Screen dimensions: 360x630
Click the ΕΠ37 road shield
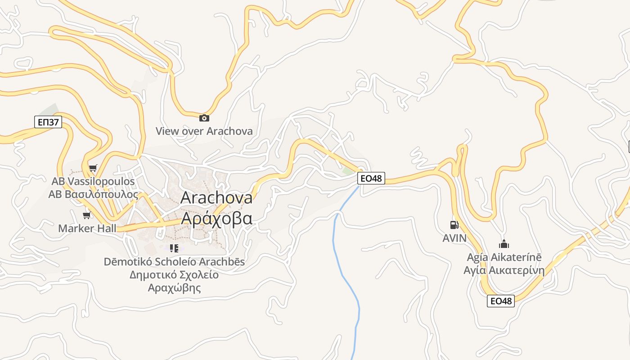pyautogui.click(x=48, y=121)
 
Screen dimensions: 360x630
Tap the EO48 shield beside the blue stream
pyautogui.click(x=371, y=178)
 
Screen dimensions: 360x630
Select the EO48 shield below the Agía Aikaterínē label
pyautogui.click(x=500, y=301)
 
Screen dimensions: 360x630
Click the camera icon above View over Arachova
pyautogui.click(x=204, y=118)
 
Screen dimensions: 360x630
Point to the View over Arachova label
pyautogui.click(x=204, y=131)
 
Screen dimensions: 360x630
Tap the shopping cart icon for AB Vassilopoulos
pyautogui.click(x=93, y=168)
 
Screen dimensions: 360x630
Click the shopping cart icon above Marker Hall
pyautogui.click(x=86, y=215)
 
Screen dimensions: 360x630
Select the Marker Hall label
pyautogui.click(x=87, y=228)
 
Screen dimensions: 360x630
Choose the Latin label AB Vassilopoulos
pyautogui.click(x=93, y=181)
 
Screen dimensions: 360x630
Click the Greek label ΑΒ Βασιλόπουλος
pyautogui.click(x=93, y=194)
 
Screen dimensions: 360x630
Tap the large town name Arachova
pyautogui.click(x=216, y=198)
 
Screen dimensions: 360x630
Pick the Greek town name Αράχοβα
pyautogui.click(x=216, y=218)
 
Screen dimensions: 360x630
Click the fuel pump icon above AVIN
pyautogui.click(x=454, y=225)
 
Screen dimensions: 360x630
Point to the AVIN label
pyautogui.click(x=454, y=238)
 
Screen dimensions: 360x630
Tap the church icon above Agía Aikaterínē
pyautogui.click(x=504, y=244)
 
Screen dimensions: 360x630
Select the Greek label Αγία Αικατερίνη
pyautogui.click(x=504, y=270)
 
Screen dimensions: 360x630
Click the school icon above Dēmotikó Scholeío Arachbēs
pyautogui.click(x=175, y=248)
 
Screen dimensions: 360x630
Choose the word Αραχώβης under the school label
pyautogui.click(x=174, y=288)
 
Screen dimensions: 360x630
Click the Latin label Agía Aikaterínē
pyautogui.click(x=504, y=257)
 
